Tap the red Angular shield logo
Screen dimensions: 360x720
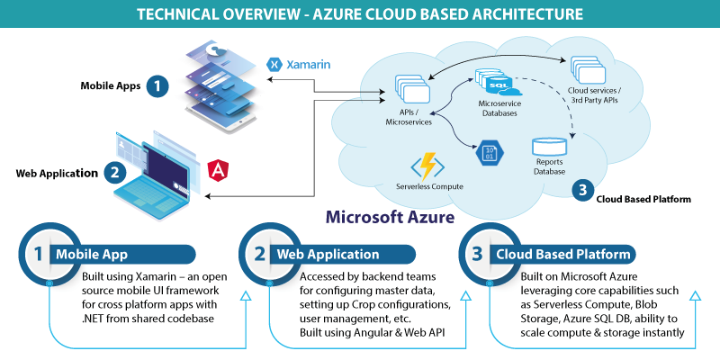(219, 169)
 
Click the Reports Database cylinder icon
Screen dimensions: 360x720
(548, 147)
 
